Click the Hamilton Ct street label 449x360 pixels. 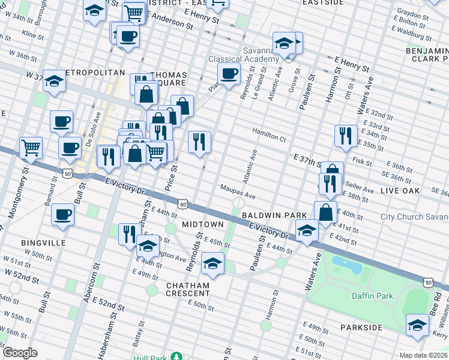270,137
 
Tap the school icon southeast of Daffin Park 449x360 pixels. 417,325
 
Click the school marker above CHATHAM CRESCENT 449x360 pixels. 212,262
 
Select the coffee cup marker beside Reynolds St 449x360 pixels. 228,75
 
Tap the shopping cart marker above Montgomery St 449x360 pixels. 31,147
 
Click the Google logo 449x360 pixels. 20,353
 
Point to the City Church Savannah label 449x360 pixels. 414,217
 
